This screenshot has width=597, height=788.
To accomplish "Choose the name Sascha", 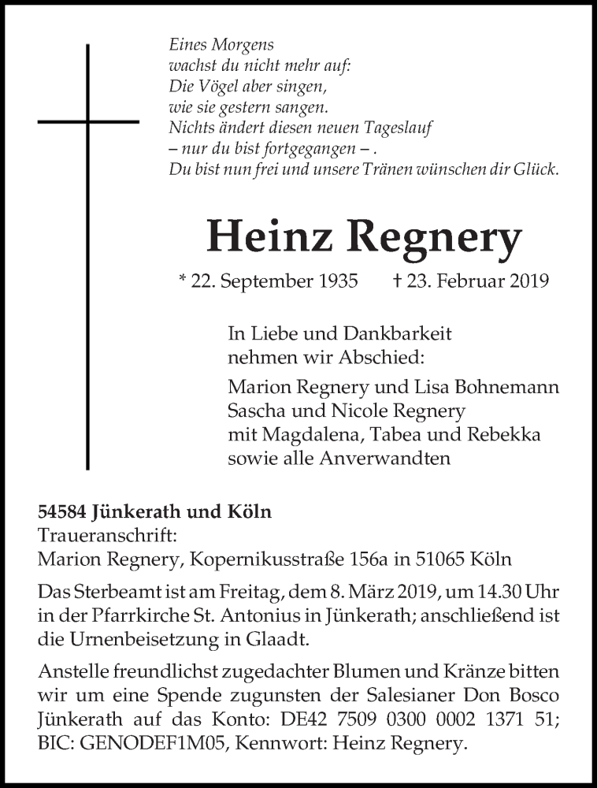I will pyautogui.click(x=256, y=411).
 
